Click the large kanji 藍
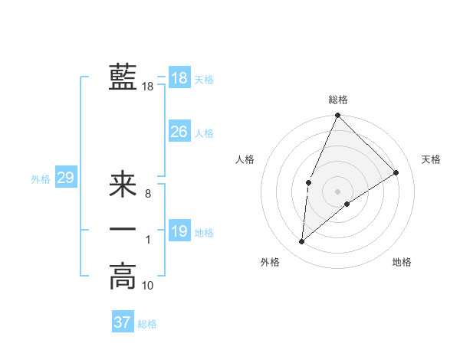[x=123, y=77]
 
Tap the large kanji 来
[x=123, y=186]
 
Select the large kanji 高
[x=123, y=276]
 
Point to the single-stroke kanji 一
[x=123, y=230]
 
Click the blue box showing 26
[x=179, y=132]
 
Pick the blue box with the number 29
[x=65, y=178]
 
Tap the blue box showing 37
[x=122, y=322]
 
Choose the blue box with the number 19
[x=179, y=232]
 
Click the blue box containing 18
[x=179, y=78]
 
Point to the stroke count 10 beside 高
[x=148, y=286]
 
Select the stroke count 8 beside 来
[x=147, y=195]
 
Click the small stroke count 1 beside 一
[x=147, y=241]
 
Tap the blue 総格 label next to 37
[x=147, y=324]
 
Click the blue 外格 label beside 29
[x=41, y=179]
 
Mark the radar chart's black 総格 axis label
[x=337, y=100]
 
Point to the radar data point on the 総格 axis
[x=337, y=116]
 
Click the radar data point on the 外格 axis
[x=302, y=242]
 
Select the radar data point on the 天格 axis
[x=396, y=172]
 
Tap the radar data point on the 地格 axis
[x=347, y=204]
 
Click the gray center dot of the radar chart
[x=337, y=191]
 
